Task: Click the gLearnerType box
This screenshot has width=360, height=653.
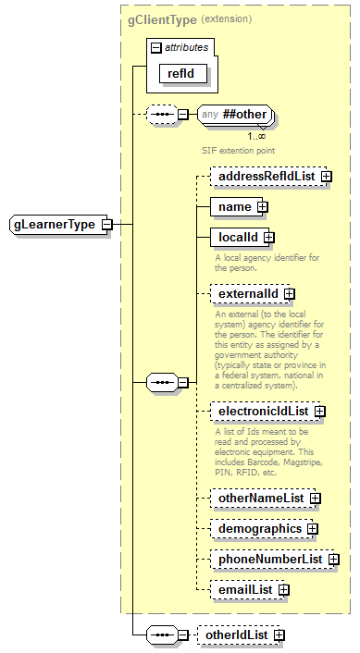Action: [x=55, y=224]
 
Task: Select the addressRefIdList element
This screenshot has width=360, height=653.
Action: [x=264, y=175]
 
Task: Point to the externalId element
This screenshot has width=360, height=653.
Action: [x=247, y=294]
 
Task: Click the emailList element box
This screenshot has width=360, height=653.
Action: [x=244, y=589]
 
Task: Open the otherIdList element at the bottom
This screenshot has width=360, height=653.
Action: [x=237, y=635]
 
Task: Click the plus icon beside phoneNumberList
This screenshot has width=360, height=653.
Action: [x=333, y=560]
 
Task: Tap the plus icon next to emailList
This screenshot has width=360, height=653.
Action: [x=284, y=589]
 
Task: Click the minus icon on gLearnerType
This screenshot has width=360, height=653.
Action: [x=107, y=224]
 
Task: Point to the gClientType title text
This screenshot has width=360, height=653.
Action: [x=162, y=18]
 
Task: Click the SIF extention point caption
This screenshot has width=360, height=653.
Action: [x=239, y=149]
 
